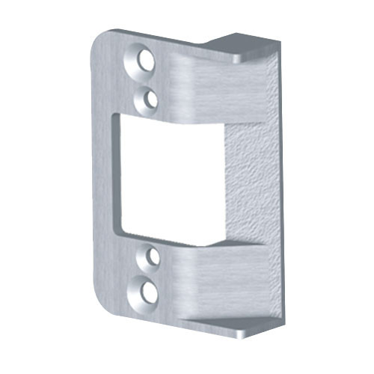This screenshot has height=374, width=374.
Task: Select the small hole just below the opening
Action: [152, 257]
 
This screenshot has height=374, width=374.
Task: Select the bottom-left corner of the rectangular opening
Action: [120, 233]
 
